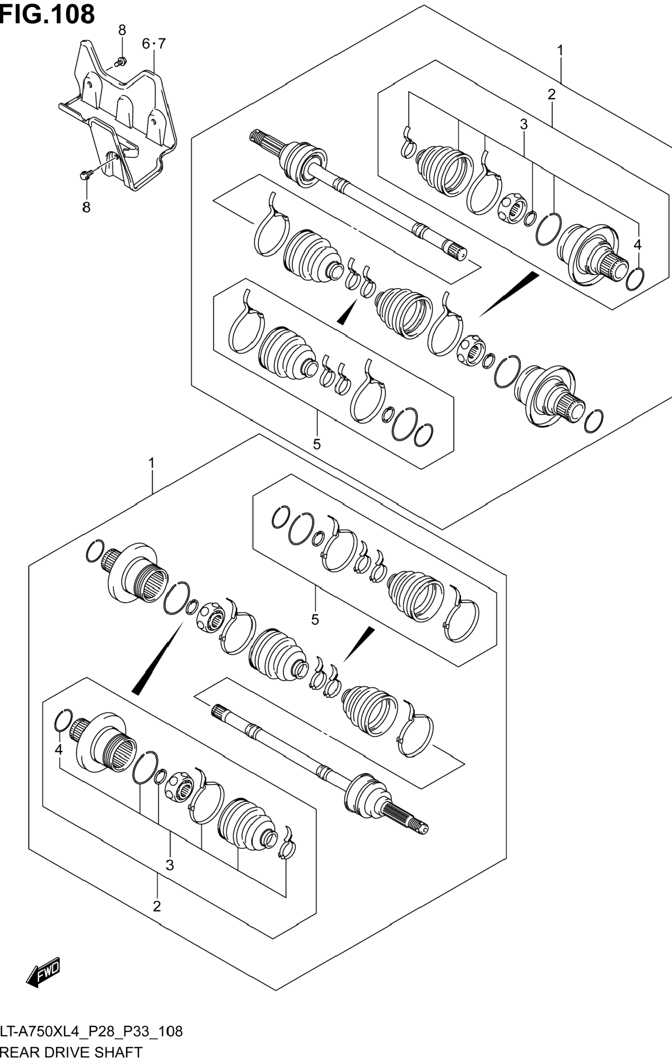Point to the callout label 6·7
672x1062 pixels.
(x=153, y=44)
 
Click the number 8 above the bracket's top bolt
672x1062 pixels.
(x=122, y=30)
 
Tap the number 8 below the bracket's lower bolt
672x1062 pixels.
(x=86, y=207)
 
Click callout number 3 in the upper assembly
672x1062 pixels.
(x=523, y=125)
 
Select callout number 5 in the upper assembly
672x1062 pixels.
(x=316, y=444)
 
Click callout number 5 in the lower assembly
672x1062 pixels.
(x=315, y=620)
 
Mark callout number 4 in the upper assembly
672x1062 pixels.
(x=637, y=245)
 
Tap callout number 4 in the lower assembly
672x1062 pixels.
(x=59, y=749)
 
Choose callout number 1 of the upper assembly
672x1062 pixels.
(x=560, y=51)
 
